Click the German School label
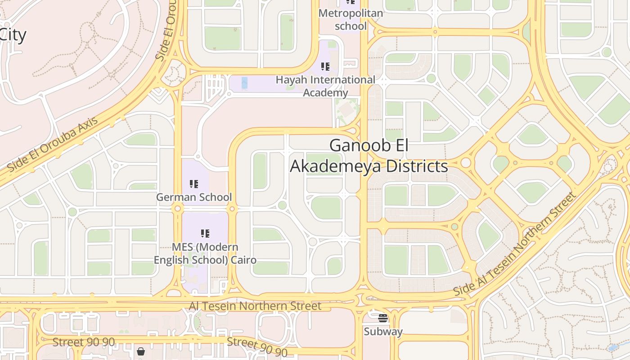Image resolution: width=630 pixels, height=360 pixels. pos(194,197)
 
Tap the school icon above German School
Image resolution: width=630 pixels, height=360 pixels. pos(194,184)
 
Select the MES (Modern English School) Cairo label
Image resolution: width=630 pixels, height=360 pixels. pos(205,254)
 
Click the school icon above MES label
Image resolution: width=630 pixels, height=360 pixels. pos(205,234)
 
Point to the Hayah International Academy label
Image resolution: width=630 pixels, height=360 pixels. pos(325,86)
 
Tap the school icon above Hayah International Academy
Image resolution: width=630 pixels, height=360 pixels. pos(325,67)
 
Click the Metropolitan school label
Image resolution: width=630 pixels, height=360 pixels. pos(351,19)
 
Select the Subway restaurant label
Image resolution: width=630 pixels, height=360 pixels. pos(383,332)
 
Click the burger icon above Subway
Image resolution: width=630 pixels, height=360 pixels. pos(383,319)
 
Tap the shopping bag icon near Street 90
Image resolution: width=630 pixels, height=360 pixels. pos(141,351)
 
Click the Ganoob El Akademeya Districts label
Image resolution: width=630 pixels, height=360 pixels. pos(369,156)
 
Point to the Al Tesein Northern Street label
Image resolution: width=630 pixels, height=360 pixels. pos(255,306)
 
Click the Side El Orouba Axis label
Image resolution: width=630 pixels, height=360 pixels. pos(53,144)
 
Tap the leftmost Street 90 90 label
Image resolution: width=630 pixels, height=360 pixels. pos(84,342)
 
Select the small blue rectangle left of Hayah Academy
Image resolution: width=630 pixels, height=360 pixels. pos(244,83)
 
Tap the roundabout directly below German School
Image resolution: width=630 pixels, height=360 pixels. pos(177,208)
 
